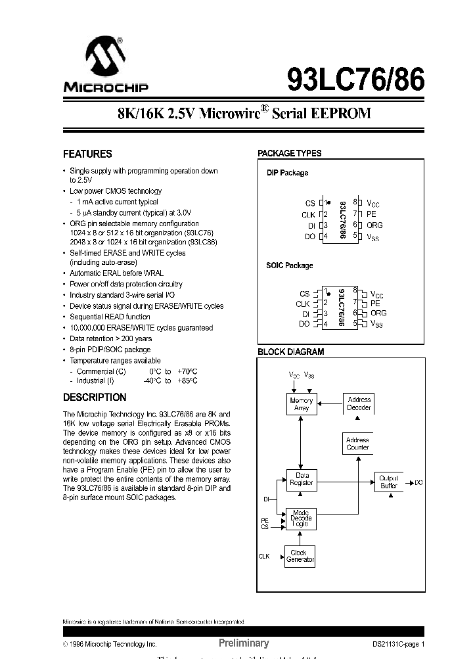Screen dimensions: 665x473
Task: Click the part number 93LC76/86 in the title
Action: [x=355, y=81]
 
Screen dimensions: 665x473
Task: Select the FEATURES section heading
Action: [x=87, y=154]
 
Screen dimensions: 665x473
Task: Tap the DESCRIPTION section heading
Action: [x=95, y=398]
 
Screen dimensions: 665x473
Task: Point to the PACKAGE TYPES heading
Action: [x=289, y=153]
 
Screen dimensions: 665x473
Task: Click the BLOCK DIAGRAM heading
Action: [x=290, y=352]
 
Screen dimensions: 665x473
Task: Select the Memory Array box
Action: [x=301, y=404]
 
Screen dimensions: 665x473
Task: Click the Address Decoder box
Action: [x=358, y=403]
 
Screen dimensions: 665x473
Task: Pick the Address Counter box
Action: [x=357, y=444]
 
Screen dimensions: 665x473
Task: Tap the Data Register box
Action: [x=302, y=479]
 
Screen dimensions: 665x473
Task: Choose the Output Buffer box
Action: [x=389, y=482]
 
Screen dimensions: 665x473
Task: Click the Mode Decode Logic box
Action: [x=301, y=518]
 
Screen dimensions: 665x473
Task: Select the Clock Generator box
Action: [x=300, y=557]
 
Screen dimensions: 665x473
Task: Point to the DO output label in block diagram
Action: [x=419, y=483]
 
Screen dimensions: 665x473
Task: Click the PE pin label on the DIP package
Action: [x=371, y=214]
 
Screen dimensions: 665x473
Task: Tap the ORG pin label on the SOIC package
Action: [x=378, y=313]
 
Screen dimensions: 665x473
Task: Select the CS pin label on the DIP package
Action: [x=310, y=204]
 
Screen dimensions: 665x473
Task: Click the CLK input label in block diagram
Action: [x=264, y=557]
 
